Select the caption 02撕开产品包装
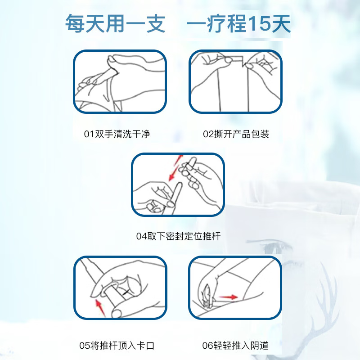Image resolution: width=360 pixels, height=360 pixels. [x=236, y=134]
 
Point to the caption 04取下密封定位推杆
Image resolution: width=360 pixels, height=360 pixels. [x=178, y=236]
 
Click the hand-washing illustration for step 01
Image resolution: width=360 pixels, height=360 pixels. [x=119, y=81]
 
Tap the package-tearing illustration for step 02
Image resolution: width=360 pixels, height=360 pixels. [x=235, y=81]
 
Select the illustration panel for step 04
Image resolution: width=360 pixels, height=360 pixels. [x=178, y=184]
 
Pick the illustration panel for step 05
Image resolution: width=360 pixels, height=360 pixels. [x=119, y=288]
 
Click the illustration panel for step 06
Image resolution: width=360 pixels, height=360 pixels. [x=235, y=288]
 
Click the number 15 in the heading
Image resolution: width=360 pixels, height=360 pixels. [x=260, y=23]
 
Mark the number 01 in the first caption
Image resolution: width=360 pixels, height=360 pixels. [x=89, y=134]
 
